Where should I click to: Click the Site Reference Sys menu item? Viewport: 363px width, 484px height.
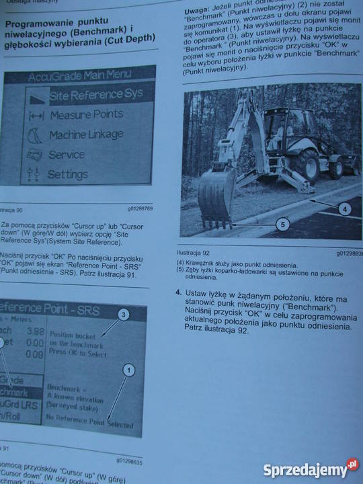[x=95, y=95]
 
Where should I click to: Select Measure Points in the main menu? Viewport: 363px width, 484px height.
[x=86, y=115]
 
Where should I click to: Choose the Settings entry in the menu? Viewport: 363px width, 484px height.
[x=67, y=174]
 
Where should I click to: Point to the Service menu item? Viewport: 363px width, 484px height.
[x=66, y=155]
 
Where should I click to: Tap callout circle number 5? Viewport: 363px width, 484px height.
[x=283, y=225]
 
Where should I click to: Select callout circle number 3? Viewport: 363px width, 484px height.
[x=123, y=314]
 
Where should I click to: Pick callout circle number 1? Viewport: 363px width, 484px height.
[x=129, y=370]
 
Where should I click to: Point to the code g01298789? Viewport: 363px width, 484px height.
[x=140, y=208]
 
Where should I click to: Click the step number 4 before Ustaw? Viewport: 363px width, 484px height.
[x=178, y=293]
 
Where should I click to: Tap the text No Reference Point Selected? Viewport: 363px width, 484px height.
[x=89, y=422]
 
